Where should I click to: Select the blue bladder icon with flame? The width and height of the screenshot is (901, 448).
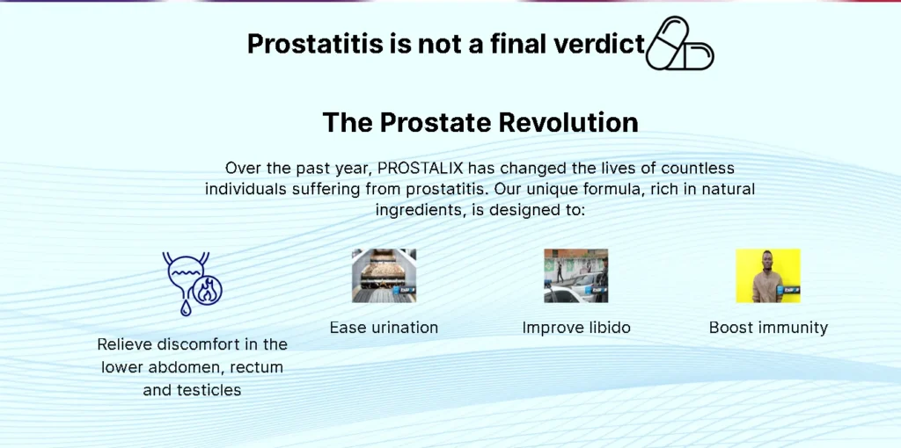(x=192, y=284)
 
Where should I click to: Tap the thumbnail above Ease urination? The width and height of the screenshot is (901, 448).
(x=384, y=275)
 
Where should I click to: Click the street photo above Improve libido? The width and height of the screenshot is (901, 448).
(x=575, y=275)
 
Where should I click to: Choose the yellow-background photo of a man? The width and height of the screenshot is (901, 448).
(x=768, y=275)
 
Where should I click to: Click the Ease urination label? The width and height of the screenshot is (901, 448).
(x=384, y=328)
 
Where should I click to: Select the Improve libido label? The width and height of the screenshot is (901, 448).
(x=576, y=328)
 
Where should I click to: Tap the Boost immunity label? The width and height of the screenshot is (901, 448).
(x=768, y=328)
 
